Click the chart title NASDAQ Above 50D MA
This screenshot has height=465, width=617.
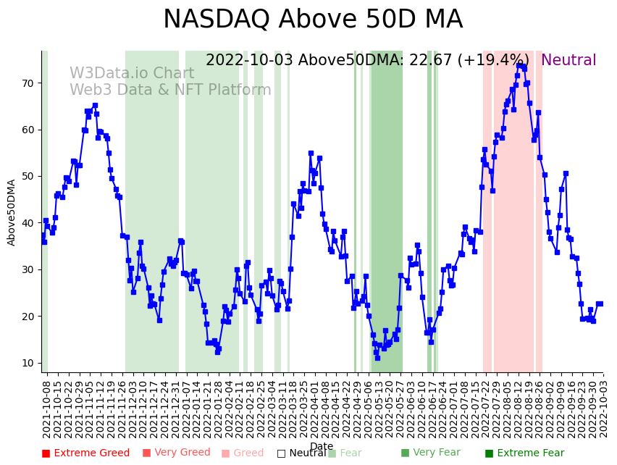pos(312,20)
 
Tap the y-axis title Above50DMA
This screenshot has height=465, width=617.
pos(12,212)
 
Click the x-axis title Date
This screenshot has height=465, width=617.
pos(322,446)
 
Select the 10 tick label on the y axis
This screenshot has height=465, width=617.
pos(27,363)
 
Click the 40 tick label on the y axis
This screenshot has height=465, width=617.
pos(27,223)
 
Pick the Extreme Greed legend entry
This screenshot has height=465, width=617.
pos(85,453)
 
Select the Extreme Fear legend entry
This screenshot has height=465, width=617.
pos(524,453)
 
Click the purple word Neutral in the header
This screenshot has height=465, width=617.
pos(568,61)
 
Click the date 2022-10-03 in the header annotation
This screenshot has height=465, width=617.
pos(249,61)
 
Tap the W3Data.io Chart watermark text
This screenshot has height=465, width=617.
pos(132,74)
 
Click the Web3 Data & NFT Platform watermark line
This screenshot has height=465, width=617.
pos(170,91)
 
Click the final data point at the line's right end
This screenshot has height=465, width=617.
pos(600,303)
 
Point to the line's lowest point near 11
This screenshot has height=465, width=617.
pos(377,358)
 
